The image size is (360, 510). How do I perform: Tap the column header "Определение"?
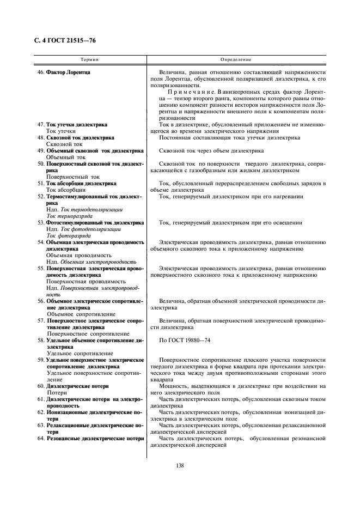[236, 59]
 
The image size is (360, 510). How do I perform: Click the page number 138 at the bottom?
[180, 465]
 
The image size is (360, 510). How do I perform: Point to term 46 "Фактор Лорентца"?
[68, 72]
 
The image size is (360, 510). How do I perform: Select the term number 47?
[40, 125]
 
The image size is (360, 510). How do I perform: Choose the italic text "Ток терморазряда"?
[70, 216]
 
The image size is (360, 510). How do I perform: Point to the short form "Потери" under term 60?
[57, 393]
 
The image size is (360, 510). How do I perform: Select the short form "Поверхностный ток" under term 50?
[73, 177]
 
